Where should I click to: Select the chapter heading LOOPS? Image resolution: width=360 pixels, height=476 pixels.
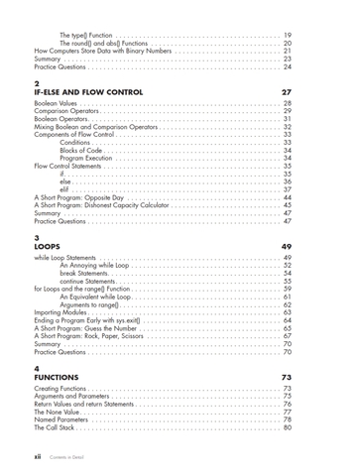coord(49,246)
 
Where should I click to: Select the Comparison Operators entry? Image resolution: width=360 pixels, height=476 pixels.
coord(66,111)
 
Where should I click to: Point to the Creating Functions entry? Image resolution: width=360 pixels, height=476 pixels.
coord(61,390)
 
